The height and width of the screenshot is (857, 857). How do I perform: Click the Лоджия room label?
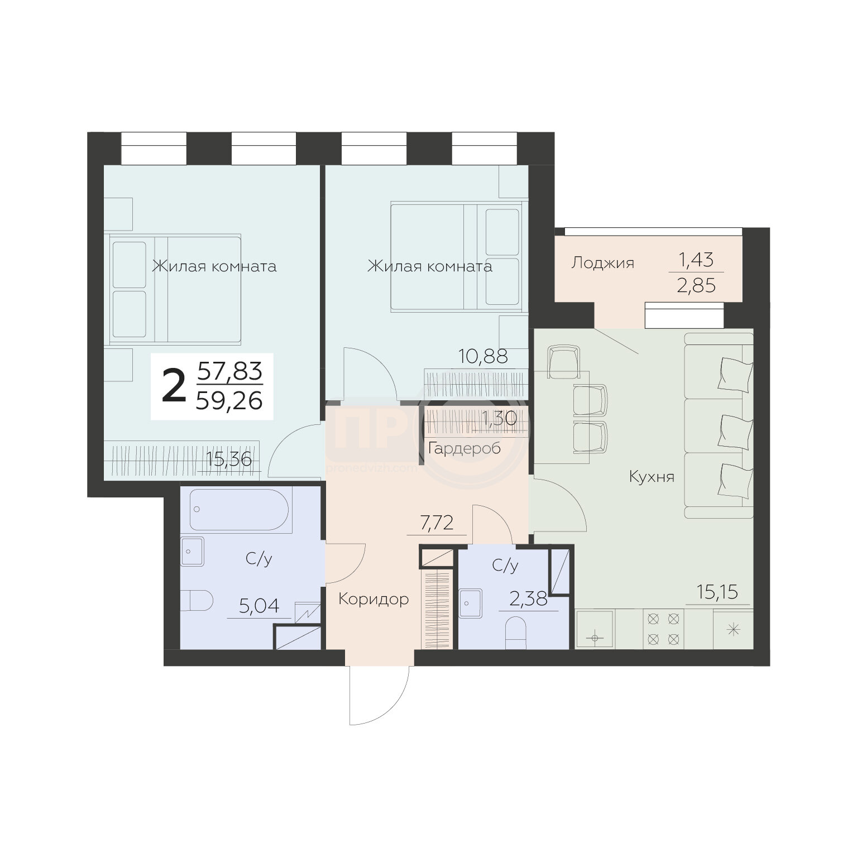coord(602,262)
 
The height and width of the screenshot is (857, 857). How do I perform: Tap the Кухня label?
coord(652,477)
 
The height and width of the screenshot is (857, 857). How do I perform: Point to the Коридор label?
coord(374,599)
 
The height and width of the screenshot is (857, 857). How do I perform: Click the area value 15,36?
coord(229,459)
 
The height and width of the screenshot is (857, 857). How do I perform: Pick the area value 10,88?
coord(483,356)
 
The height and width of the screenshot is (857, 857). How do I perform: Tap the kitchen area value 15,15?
coord(717,592)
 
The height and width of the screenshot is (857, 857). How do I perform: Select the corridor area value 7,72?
coord(437,524)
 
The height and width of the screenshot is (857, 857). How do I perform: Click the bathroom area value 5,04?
coord(258,606)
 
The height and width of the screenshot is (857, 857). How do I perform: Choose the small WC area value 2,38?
coord(528,601)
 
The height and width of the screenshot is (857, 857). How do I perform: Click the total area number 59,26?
coord(229,400)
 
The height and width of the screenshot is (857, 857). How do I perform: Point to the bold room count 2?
coord(174,387)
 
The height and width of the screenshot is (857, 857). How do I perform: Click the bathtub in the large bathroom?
coord(239,509)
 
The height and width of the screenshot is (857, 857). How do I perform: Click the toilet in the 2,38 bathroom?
coord(516,633)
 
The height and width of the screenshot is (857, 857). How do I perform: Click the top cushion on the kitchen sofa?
coord(732,372)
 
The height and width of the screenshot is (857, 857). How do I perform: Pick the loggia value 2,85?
coord(696,286)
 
